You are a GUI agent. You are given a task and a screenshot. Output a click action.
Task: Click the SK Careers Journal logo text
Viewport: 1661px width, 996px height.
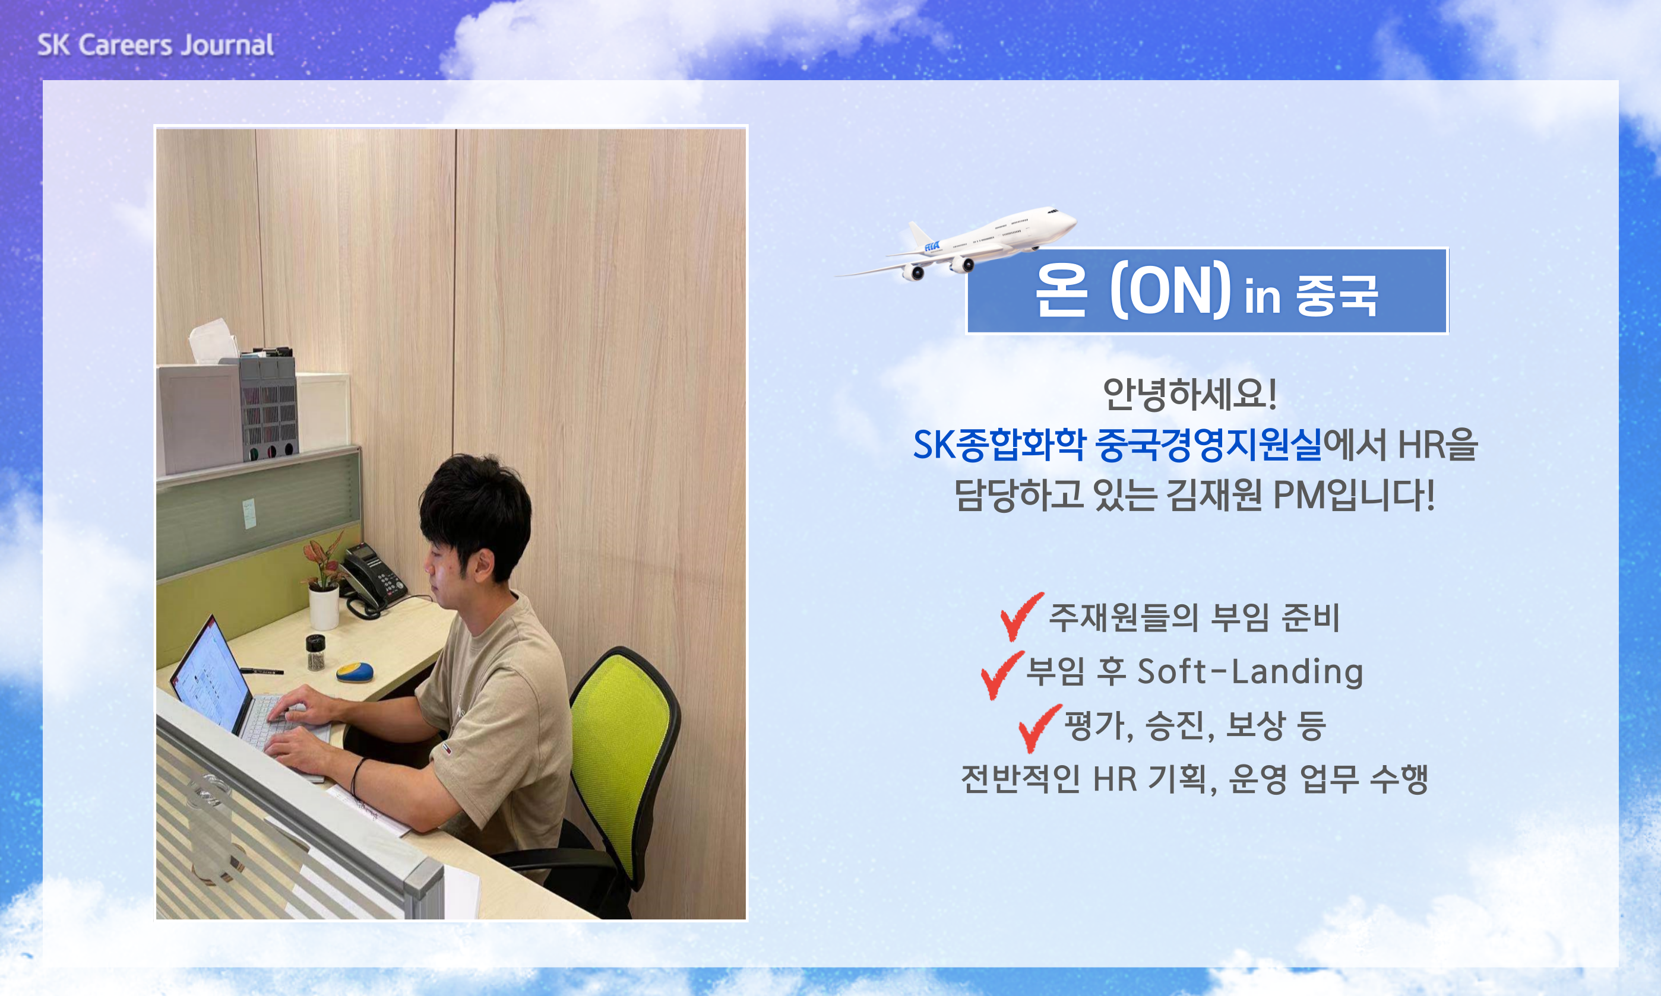pos(155,45)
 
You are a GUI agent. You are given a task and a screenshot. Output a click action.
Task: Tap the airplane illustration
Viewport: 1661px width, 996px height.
pos(956,243)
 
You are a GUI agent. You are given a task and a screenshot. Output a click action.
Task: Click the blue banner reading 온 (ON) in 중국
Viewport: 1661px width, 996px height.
pos(1207,291)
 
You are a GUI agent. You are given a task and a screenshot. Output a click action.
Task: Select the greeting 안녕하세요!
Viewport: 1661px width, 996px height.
pos(1189,394)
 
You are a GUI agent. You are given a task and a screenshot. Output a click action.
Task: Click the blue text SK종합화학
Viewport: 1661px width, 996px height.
pos(999,445)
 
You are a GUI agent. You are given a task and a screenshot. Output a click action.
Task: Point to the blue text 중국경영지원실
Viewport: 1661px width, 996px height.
pos(1208,445)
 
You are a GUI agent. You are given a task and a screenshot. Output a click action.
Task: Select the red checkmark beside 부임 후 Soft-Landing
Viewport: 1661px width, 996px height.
pos(1002,674)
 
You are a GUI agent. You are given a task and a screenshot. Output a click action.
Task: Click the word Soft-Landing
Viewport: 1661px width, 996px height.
pos(1250,672)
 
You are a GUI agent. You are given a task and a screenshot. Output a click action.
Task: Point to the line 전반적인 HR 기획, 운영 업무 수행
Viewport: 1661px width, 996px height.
pos(1194,779)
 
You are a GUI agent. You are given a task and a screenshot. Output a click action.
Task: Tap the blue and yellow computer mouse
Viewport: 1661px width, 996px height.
pos(355,671)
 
